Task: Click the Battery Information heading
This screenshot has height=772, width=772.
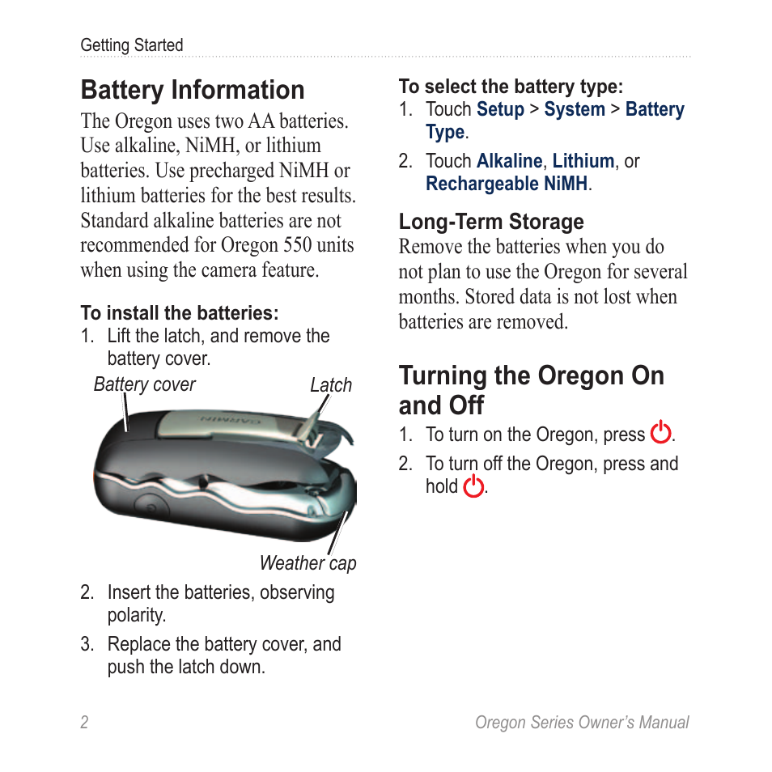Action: [x=193, y=90]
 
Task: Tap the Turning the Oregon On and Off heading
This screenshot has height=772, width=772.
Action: [x=531, y=390]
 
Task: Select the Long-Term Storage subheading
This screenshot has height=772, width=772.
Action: [x=490, y=222]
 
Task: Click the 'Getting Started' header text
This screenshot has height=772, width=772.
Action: [x=131, y=45]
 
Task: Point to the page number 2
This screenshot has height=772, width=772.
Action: [x=84, y=723]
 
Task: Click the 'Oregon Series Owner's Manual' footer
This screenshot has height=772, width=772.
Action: [x=581, y=723]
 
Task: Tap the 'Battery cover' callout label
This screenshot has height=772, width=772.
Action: [x=144, y=384]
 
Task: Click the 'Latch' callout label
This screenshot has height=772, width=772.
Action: [x=331, y=385]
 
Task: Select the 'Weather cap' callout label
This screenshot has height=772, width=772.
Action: [x=308, y=563]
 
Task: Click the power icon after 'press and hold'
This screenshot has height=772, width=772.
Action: [x=474, y=486]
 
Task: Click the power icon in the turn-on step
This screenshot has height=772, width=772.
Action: [x=661, y=433]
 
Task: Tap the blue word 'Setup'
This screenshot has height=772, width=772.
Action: [x=500, y=109]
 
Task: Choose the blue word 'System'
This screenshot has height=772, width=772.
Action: [x=574, y=109]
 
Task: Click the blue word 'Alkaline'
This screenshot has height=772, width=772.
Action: [x=509, y=161]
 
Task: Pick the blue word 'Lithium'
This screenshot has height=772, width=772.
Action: [x=583, y=161]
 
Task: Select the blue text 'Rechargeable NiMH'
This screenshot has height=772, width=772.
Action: [x=507, y=184]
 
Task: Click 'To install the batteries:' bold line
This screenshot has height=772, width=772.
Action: [x=179, y=312]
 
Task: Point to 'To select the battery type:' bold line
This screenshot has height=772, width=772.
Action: [x=511, y=87]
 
